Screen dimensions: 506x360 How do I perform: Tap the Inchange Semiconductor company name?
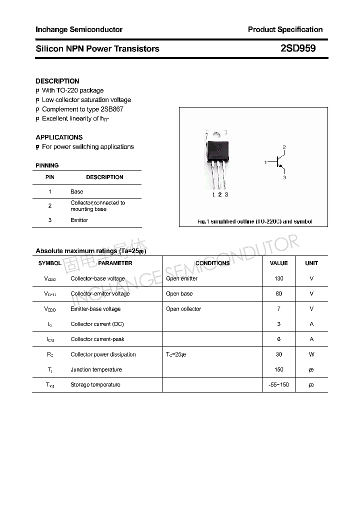[x=79, y=29]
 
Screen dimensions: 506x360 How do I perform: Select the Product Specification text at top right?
[x=285, y=29]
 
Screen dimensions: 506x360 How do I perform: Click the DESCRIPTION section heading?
[x=57, y=81]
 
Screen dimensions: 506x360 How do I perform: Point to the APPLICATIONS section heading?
[x=59, y=137]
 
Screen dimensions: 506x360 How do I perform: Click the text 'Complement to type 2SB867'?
[x=82, y=109]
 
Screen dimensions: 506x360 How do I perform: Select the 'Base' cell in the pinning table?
[x=76, y=191]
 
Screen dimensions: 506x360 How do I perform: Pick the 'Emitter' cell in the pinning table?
[x=79, y=220]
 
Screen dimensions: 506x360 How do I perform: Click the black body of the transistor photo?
[x=219, y=149]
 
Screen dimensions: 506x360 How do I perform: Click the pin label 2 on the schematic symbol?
[x=284, y=146]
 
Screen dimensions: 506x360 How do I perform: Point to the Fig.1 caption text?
[x=254, y=221]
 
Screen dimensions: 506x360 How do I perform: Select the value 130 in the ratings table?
[x=278, y=278]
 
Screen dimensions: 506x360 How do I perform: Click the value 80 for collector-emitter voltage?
[x=278, y=293]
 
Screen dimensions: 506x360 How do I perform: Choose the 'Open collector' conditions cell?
[x=183, y=309]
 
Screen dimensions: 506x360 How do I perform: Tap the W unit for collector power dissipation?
[x=311, y=354]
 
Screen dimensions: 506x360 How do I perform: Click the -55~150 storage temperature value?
[x=278, y=384]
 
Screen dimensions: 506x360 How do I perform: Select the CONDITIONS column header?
[x=212, y=263]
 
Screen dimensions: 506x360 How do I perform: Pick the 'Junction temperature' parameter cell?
[x=96, y=369]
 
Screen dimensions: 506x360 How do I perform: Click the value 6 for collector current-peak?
[x=278, y=339]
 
